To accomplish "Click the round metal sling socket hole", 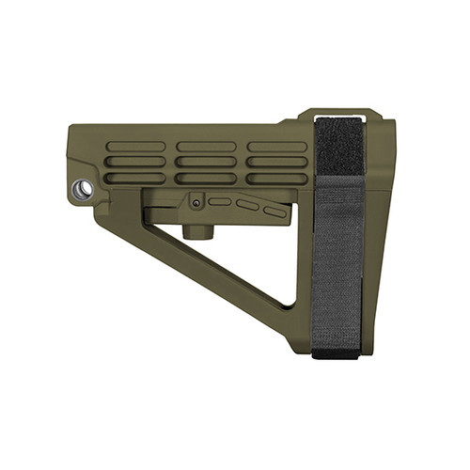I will (x=84, y=189).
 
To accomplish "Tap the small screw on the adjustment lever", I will (x=196, y=199).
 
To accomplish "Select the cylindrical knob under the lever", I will (x=196, y=230).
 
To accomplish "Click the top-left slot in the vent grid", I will (x=135, y=147).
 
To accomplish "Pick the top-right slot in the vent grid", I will (x=277, y=147).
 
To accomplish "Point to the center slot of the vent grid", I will (x=207, y=162).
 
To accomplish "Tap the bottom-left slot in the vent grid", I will (x=135, y=178).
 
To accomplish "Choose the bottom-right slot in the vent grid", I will (x=277, y=178).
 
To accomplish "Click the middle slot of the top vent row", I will (x=207, y=147).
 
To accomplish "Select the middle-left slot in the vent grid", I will (x=135, y=162).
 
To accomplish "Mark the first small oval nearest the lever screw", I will (x=220, y=200).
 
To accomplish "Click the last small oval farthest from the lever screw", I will (x=274, y=211).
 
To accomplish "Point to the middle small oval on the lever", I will (x=247, y=205).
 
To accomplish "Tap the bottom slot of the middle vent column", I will (x=207, y=178).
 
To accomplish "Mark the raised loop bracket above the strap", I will (x=338, y=115).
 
